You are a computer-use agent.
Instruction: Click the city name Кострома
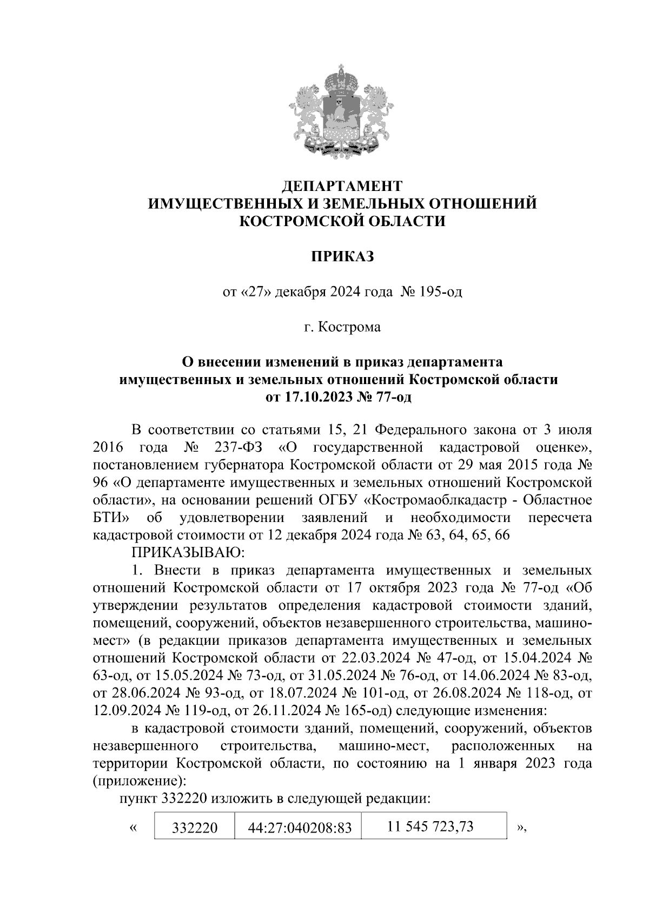pos(349,327)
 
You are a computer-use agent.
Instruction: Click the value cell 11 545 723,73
pos(431,826)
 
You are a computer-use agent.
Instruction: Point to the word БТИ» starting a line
pos(110,518)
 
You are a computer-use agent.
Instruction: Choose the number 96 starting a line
pos(100,483)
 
